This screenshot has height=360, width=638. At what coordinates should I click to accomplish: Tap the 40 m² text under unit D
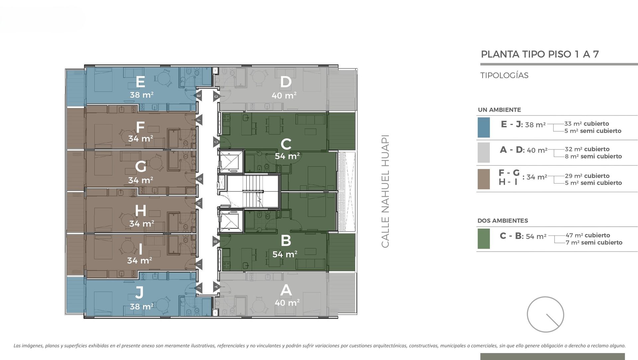point(284,95)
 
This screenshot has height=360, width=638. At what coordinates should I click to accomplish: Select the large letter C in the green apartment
point(286,144)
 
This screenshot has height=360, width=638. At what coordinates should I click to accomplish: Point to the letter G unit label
point(141,167)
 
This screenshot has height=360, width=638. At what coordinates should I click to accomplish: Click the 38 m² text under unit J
point(142,306)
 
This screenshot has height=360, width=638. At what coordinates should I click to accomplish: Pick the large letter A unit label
point(286,291)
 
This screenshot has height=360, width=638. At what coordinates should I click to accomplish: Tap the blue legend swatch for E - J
point(483,127)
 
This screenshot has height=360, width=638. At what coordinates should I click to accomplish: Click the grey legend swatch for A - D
point(483,153)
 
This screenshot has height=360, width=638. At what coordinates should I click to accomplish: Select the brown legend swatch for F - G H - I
point(483,179)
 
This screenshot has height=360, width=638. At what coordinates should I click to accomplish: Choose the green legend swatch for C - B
point(483,239)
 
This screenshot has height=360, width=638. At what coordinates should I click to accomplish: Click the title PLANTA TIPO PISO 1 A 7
point(540,54)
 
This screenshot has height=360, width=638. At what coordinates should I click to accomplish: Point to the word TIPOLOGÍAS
point(504,75)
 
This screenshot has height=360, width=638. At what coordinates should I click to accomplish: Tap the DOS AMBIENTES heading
point(503,221)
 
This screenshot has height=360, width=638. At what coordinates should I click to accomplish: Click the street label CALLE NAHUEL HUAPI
point(385,191)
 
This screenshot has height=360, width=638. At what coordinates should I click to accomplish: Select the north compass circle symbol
point(545,314)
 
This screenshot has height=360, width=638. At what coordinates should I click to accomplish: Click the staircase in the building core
point(253,191)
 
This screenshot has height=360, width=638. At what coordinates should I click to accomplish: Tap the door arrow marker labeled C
point(216,142)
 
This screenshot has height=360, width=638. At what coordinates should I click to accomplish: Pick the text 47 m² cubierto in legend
point(588,235)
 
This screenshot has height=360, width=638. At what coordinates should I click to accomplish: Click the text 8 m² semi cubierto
point(593,156)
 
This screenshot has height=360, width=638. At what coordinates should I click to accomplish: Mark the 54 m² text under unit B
point(285,254)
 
